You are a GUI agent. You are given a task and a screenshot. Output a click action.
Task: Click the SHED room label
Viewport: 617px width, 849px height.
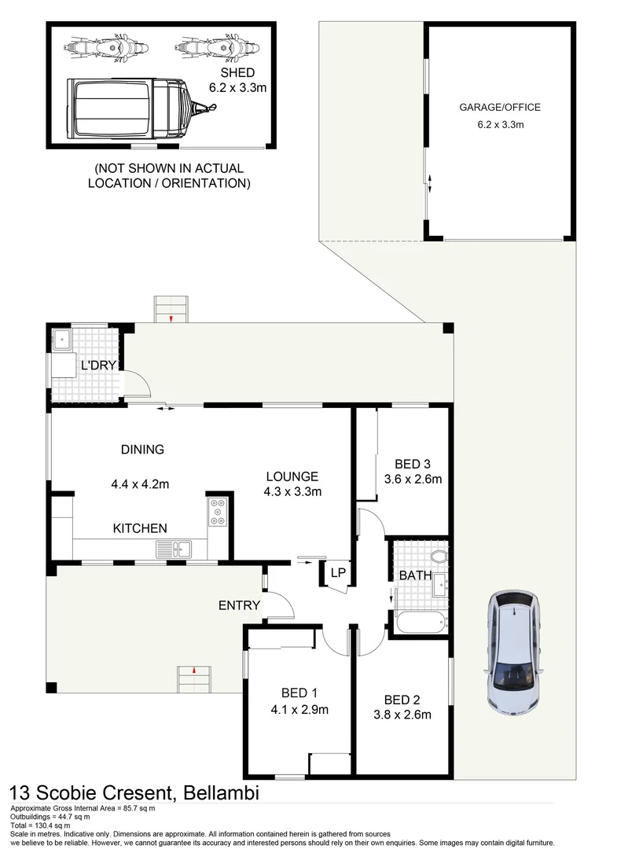pyautogui.click(x=237, y=72)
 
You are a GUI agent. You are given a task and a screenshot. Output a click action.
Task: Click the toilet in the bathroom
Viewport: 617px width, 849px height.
pyautogui.click(x=439, y=557)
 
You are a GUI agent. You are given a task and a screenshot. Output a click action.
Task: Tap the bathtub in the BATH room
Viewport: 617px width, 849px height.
pyautogui.click(x=421, y=623)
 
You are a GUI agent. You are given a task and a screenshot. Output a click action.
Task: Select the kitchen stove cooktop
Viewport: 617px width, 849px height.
pyautogui.click(x=217, y=512)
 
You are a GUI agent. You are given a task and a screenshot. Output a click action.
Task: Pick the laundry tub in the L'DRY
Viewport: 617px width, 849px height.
pyautogui.click(x=61, y=340)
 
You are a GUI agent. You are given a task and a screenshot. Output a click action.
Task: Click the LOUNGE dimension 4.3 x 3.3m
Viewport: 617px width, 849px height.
pyautogui.click(x=292, y=492)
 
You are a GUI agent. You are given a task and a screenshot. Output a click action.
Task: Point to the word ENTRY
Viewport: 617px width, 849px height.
pyautogui.click(x=239, y=605)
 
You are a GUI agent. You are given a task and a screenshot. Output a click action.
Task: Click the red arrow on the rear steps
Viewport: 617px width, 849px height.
pyautogui.click(x=172, y=318)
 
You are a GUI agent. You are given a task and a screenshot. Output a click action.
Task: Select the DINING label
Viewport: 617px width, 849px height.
pyautogui.click(x=142, y=450)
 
